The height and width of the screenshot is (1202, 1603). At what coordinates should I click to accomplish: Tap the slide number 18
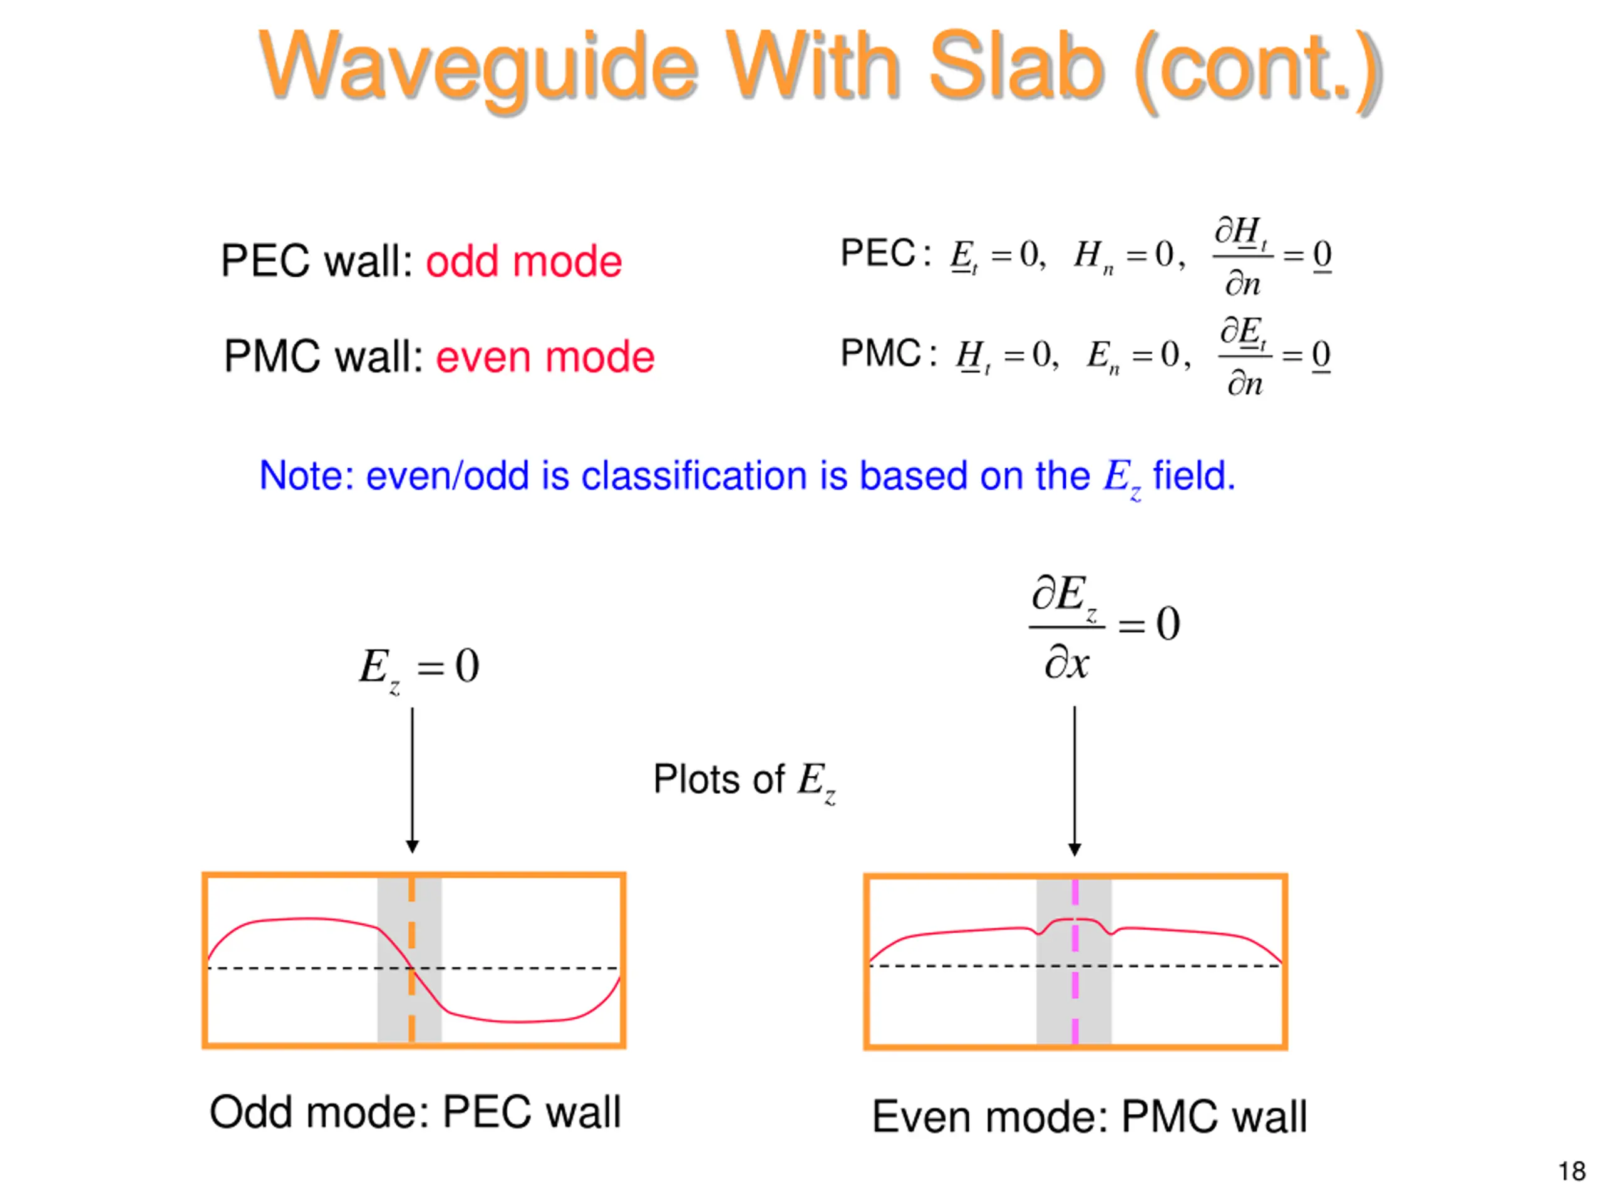1571,1171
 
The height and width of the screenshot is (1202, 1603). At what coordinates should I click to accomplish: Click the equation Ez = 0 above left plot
419,667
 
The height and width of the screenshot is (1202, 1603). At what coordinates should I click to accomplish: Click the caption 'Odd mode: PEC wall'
415,1111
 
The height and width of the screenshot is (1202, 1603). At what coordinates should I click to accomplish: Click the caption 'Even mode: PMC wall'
1089,1116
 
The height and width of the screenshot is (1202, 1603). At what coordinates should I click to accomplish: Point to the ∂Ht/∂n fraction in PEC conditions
1242,256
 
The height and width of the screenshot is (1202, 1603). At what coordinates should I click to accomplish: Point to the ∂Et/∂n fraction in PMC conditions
1244,356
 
